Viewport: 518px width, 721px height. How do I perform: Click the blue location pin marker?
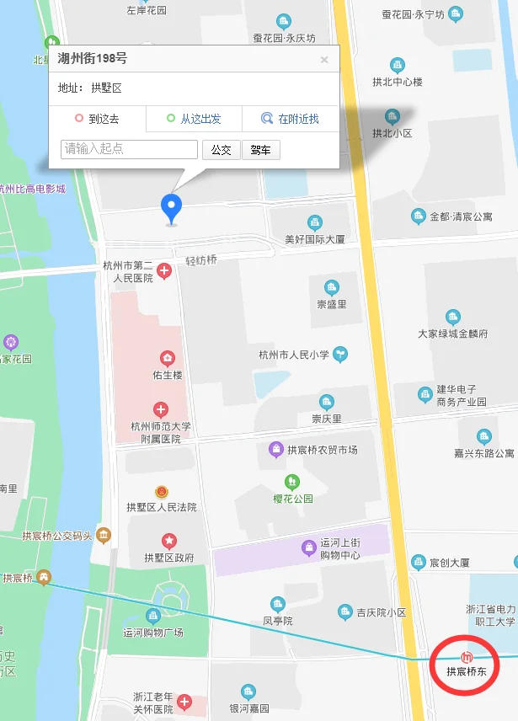tap(172, 206)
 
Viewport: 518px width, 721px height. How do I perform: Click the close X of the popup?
tap(324, 60)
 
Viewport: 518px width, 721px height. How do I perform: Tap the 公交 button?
tap(221, 150)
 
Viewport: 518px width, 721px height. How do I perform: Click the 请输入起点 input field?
tap(130, 149)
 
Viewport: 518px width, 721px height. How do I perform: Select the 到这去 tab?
tap(97, 119)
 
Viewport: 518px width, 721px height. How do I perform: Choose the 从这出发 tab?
tap(194, 119)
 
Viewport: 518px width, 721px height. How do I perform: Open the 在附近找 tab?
tap(290, 119)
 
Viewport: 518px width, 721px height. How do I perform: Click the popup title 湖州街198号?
tap(93, 59)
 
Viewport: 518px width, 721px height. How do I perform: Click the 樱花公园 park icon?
tap(292, 482)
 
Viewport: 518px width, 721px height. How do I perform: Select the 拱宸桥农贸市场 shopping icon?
tap(275, 450)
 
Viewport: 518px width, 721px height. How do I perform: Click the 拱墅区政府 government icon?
tap(169, 540)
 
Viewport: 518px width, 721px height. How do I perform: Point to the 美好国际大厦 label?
tap(315, 239)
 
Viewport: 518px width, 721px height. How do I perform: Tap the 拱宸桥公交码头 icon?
tap(104, 535)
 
